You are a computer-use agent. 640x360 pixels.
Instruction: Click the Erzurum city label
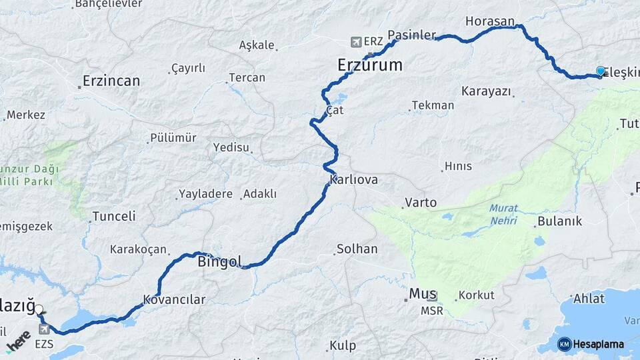(x=369, y=65)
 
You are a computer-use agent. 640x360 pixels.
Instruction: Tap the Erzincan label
(x=111, y=81)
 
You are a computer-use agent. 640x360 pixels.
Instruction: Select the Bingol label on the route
(x=219, y=261)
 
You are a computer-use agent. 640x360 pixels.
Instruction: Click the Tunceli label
(x=113, y=216)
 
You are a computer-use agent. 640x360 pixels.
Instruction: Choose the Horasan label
(x=490, y=21)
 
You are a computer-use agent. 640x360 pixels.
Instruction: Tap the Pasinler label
(x=411, y=35)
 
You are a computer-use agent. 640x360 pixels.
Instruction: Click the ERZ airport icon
(x=355, y=42)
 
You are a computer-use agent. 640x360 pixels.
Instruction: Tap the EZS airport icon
(x=45, y=329)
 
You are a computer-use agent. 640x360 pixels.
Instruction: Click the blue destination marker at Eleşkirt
(x=601, y=71)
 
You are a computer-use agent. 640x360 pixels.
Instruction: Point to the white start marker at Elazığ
(x=39, y=309)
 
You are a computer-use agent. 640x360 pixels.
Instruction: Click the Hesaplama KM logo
(x=565, y=344)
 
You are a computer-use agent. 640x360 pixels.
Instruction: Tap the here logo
(x=19, y=341)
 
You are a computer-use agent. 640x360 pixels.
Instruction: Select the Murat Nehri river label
(x=503, y=214)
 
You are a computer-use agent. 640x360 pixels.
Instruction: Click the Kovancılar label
(x=174, y=299)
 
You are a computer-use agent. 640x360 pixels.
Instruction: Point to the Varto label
(x=421, y=202)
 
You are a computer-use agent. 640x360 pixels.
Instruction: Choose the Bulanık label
(x=560, y=221)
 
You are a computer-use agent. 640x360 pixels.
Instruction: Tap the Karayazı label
(x=486, y=91)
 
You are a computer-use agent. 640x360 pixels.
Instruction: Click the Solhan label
(x=357, y=249)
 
